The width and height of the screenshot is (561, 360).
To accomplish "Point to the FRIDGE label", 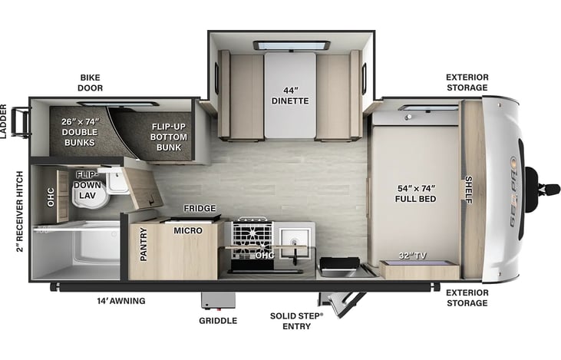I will [x=199, y=208].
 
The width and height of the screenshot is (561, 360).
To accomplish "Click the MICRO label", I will [x=187, y=230].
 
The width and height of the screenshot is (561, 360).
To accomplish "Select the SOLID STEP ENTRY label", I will [x=296, y=320].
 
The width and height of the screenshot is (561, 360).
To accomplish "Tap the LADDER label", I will [x=4, y=121].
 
